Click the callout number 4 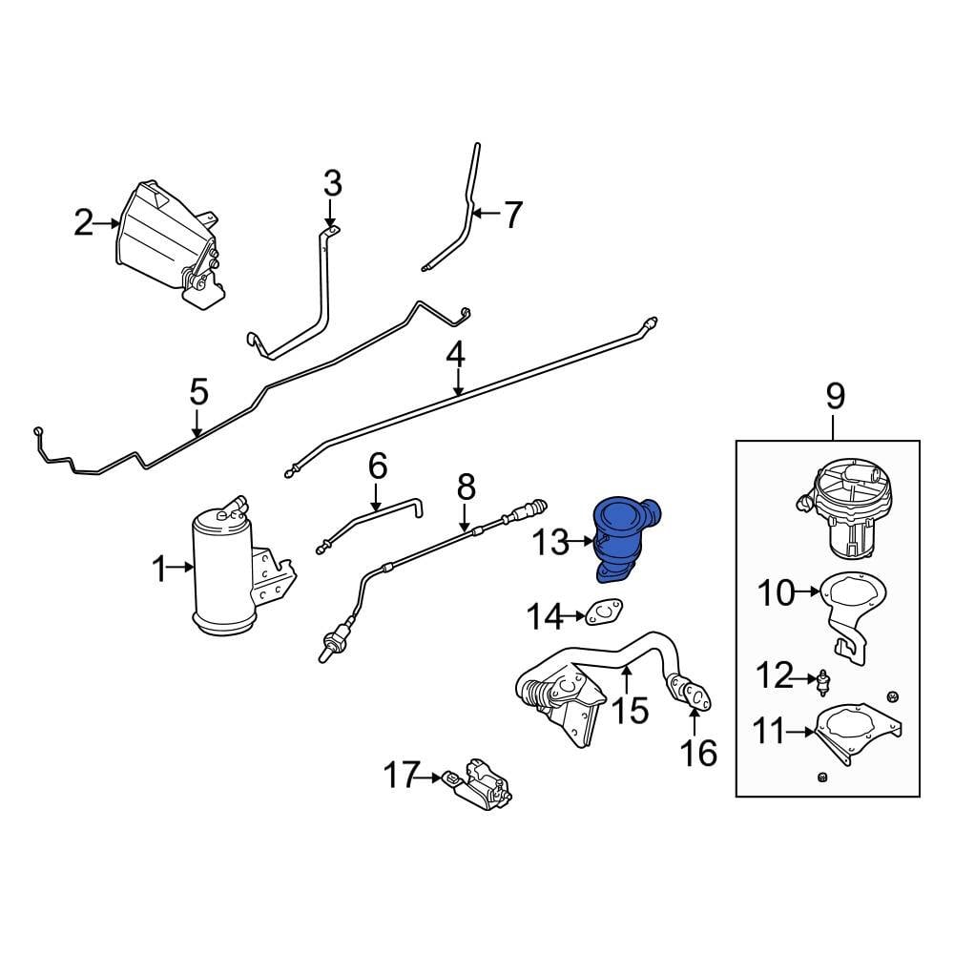[x=456, y=356]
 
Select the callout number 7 [x=513, y=216]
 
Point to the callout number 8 [x=466, y=488]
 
